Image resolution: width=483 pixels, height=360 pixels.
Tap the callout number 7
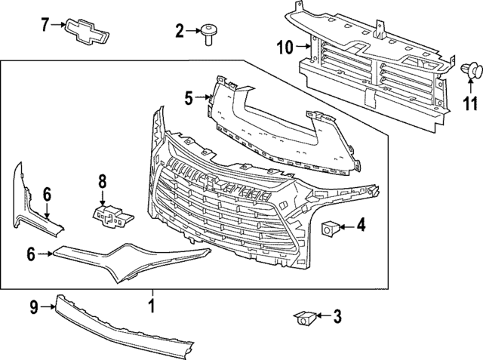coord(45,25)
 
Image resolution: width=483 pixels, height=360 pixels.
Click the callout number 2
coord(180,31)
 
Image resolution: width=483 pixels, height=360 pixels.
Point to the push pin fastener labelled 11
coord(473,72)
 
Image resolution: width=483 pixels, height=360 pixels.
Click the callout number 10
coord(286,48)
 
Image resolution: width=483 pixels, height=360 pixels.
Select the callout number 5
coord(189,96)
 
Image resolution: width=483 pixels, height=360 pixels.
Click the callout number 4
coord(361,224)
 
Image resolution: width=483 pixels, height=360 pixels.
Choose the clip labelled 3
coord(306,318)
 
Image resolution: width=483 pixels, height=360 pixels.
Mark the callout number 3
coord(337,315)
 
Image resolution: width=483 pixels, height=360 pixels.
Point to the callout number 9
coord(34,306)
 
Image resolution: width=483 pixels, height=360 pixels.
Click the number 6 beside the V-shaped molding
coord(31,255)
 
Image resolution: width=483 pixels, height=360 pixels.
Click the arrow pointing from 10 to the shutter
coord(303,48)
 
